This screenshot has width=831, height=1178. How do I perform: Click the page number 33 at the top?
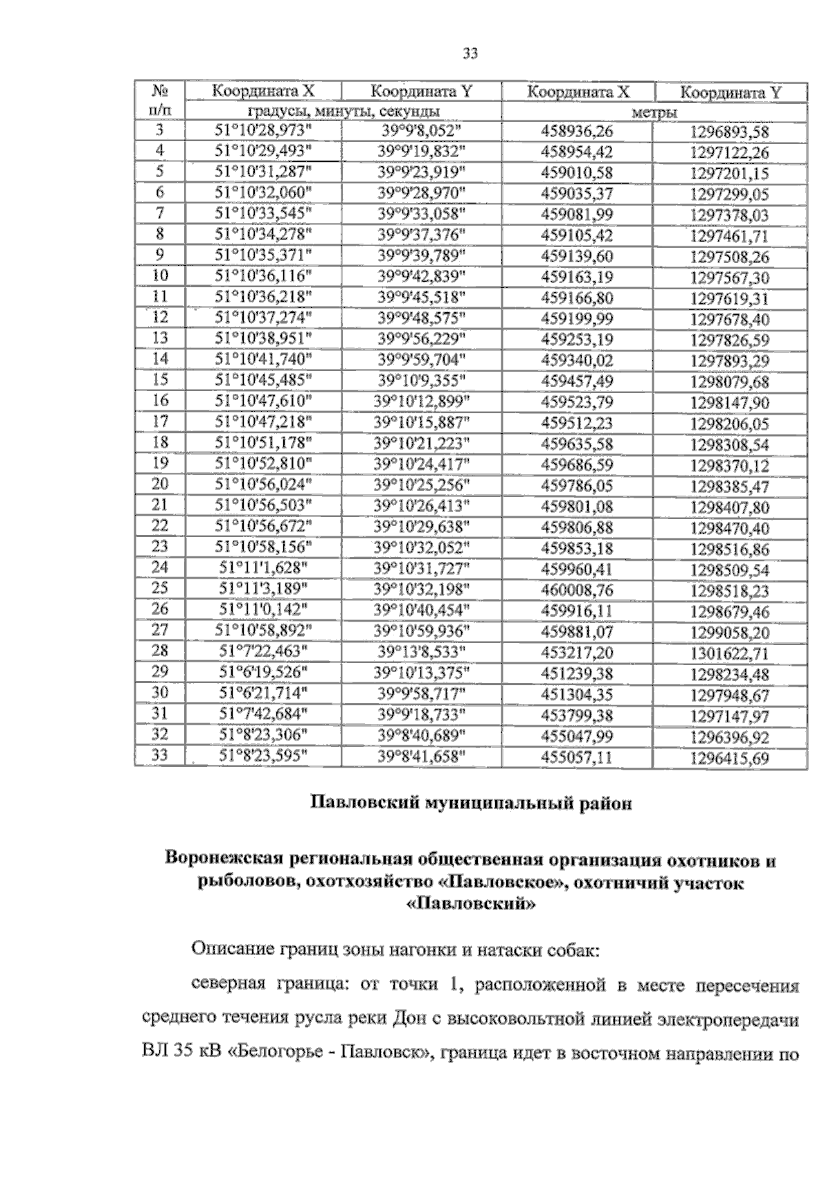point(470,54)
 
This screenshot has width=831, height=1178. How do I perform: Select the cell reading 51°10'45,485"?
point(263,380)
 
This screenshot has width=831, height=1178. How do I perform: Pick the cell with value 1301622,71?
point(730,653)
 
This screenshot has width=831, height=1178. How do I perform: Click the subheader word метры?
point(654,112)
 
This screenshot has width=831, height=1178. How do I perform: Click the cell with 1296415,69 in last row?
point(730,758)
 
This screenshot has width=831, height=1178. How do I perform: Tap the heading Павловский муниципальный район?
point(470,804)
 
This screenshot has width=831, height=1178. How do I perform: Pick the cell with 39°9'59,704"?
point(421,359)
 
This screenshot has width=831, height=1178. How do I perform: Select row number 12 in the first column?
point(160,317)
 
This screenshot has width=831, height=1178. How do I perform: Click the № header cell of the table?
point(160,91)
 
